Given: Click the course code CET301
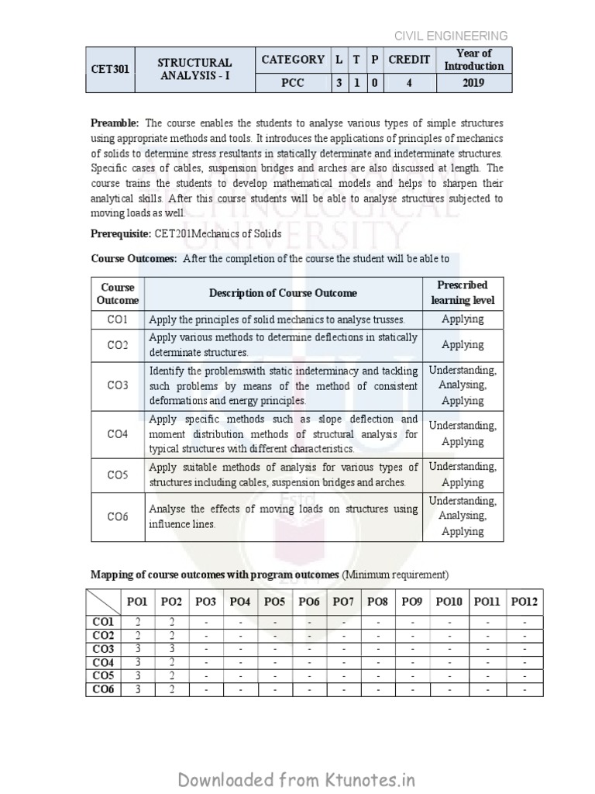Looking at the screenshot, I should tap(109, 69).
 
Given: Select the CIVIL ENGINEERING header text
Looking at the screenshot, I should tap(451, 36).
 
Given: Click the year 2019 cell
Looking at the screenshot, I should tap(474, 82).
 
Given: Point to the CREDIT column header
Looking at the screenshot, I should tap(408, 60).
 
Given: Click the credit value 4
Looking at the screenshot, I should tap(408, 82).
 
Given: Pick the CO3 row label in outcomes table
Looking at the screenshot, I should tap(118, 385).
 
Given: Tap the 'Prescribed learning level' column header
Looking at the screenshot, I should tap(463, 293).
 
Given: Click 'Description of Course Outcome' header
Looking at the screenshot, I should tap(283, 293).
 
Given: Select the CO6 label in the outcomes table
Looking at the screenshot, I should tap(118, 516).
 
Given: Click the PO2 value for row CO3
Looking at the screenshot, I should tap(171, 648).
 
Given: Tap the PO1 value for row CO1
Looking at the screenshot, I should tap(137, 621).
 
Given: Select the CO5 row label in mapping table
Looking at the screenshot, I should tap(103, 675).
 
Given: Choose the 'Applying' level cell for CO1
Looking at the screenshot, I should tap(463, 319).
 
